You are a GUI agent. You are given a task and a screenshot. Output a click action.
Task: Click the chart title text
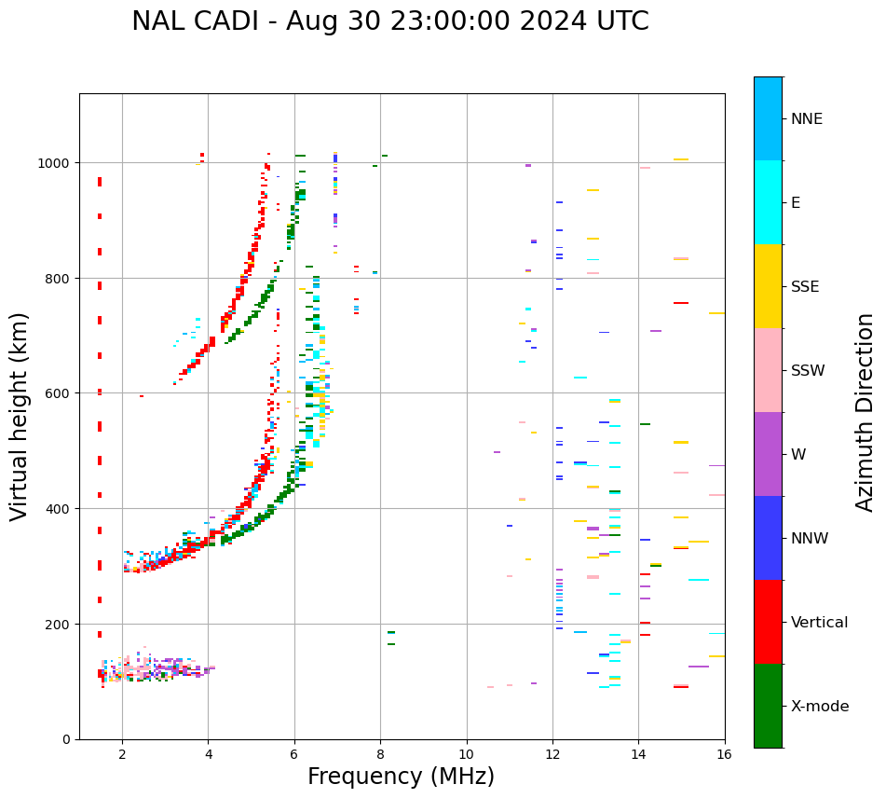[389, 21]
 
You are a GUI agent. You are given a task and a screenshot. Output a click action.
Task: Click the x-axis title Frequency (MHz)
[401, 777]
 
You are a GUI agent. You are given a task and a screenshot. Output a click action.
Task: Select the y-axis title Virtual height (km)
[20, 416]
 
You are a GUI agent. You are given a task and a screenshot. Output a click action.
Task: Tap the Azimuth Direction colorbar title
[866, 412]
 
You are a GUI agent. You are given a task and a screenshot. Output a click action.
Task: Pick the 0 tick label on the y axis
[66, 739]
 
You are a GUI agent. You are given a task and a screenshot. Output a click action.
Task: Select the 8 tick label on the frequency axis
[380, 755]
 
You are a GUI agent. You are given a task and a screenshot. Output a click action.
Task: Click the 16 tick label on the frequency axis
[724, 755]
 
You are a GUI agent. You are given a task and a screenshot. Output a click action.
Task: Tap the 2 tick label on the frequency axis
[122, 755]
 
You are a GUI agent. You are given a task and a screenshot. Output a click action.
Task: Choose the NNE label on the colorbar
[807, 119]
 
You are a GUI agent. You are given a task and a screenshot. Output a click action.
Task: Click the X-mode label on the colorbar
[820, 707]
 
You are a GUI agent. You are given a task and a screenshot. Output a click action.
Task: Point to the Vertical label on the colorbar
[820, 623]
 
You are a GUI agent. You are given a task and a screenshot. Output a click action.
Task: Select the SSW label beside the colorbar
[808, 371]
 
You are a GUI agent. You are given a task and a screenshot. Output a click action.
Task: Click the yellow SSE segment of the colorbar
[768, 286]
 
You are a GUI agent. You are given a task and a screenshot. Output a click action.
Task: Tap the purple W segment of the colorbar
[768, 454]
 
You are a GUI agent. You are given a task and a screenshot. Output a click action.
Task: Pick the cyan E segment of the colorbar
[768, 202]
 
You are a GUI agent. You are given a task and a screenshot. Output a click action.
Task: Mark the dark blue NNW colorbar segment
[768, 538]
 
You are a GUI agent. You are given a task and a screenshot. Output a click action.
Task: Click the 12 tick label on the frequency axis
[552, 755]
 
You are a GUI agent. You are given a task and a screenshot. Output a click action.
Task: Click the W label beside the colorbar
[798, 455]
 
